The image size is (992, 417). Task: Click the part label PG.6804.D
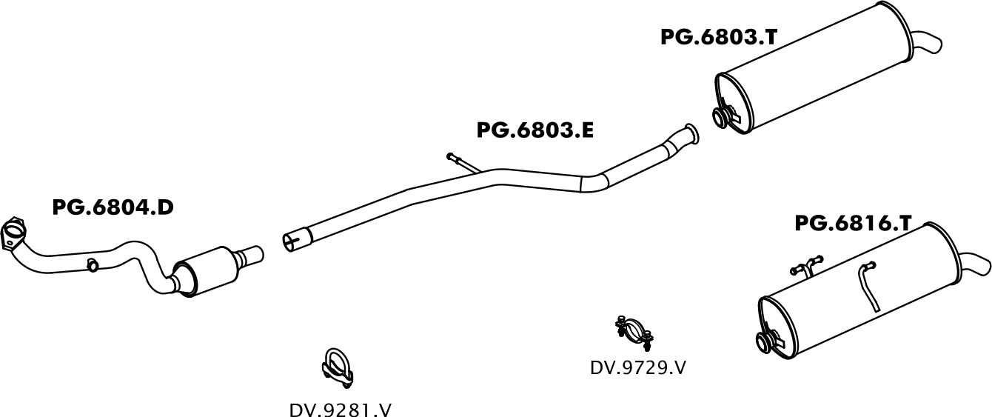click(113, 207)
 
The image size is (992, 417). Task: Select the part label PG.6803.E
click(534, 130)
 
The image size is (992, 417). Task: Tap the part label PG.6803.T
click(718, 37)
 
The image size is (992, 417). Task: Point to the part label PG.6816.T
click(852, 223)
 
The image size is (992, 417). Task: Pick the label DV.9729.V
click(637, 367)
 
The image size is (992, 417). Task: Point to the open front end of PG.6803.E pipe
click(293, 240)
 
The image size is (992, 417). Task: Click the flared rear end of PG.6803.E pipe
click(691, 134)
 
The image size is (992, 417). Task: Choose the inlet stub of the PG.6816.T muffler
click(766, 341)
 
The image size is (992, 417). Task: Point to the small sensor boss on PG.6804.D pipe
click(93, 264)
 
